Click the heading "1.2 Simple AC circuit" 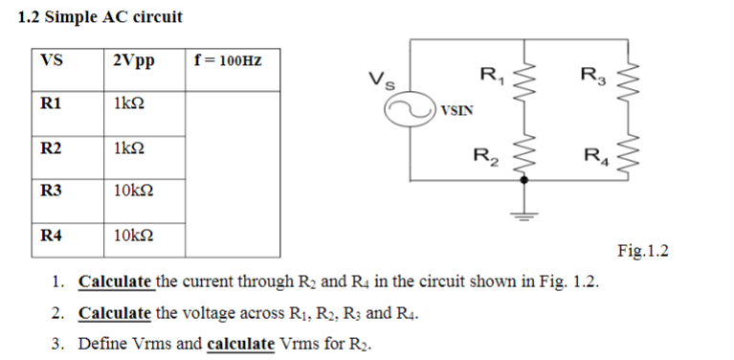[x=100, y=17]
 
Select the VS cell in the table [x=52, y=60]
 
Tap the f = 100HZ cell [x=227, y=60]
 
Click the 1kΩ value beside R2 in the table [x=129, y=148]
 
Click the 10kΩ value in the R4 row [x=132, y=235]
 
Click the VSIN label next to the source [x=456, y=112]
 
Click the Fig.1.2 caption [x=642, y=252]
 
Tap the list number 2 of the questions [x=58, y=313]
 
